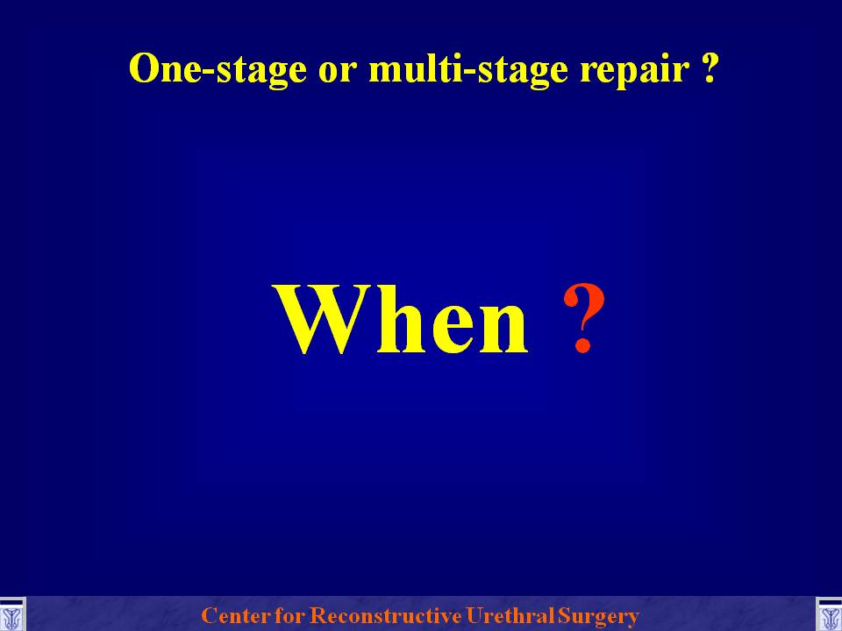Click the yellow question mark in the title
[x=709, y=68]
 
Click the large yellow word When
[x=402, y=319]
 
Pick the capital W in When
[x=322, y=319]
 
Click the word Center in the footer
[x=233, y=615]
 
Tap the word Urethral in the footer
[x=510, y=615]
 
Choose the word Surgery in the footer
[x=598, y=616]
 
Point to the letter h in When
[x=400, y=319]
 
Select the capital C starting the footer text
[x=209, y=615]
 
